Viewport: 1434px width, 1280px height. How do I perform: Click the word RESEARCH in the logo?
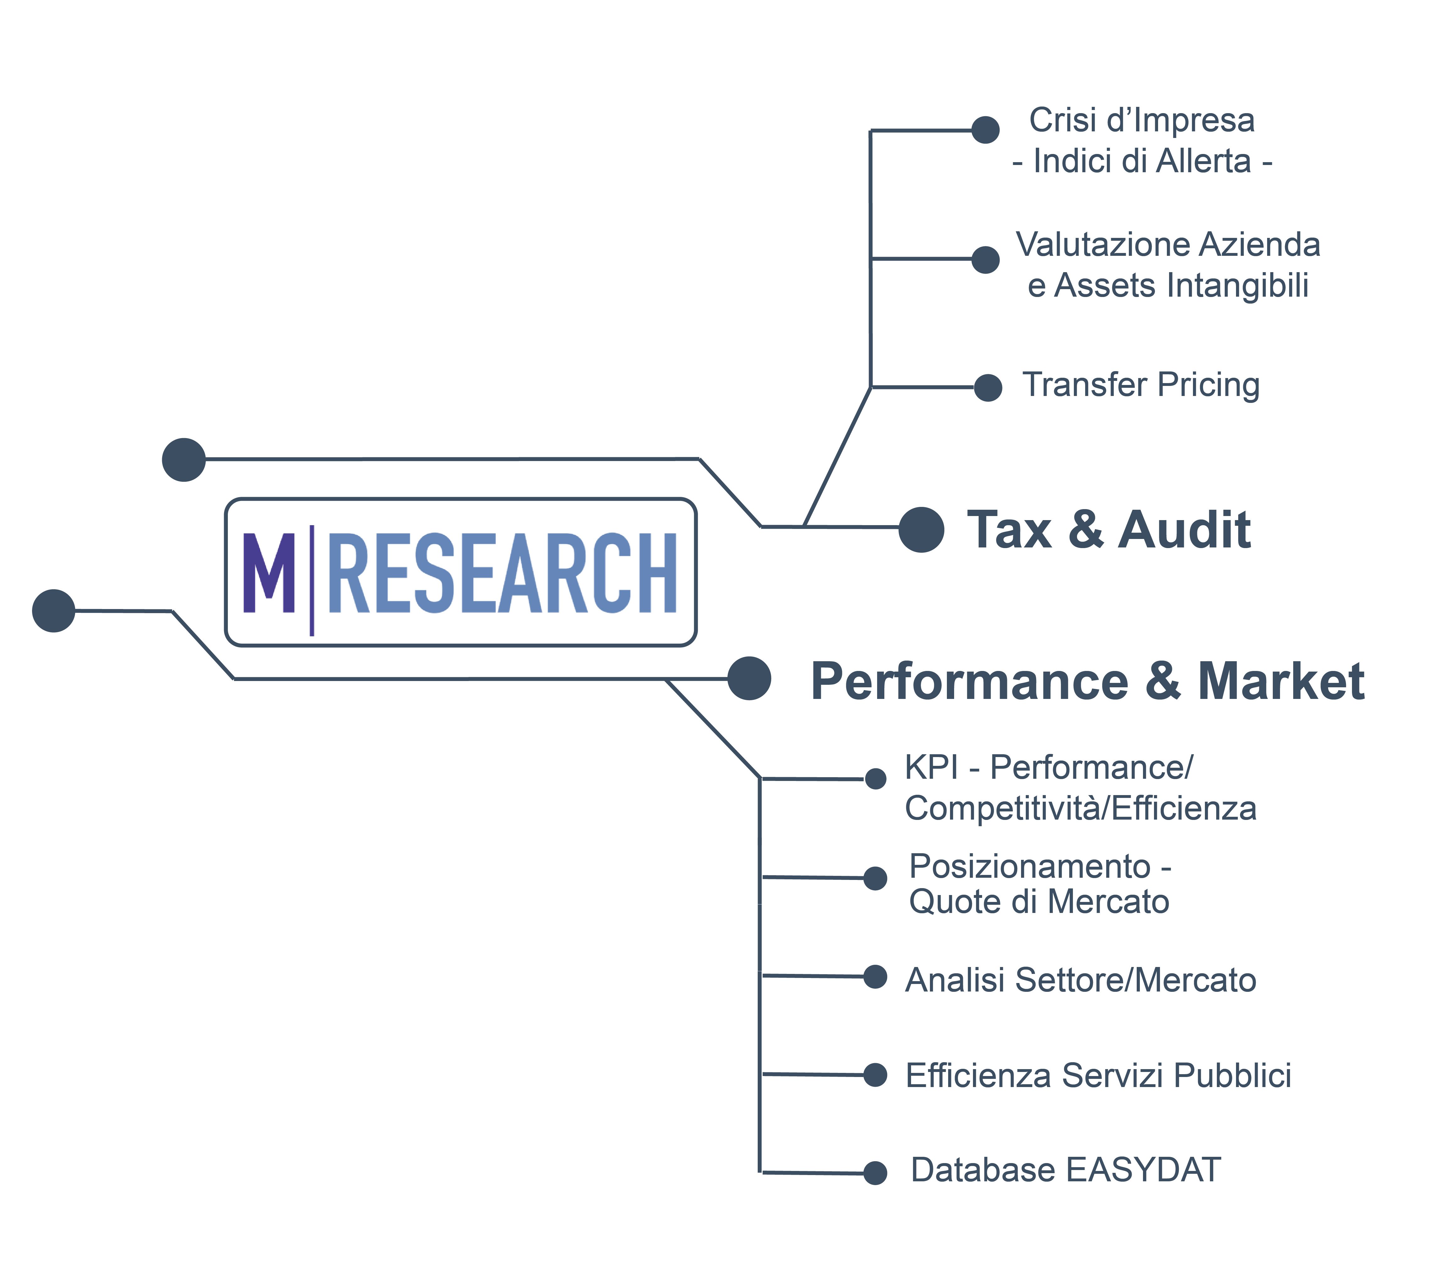502,573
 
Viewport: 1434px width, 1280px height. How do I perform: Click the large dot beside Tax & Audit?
920,530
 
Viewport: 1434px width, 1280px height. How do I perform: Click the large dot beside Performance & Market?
749,679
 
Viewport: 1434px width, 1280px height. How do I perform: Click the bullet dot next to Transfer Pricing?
988,387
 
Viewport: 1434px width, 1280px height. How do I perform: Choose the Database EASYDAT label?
1065,1170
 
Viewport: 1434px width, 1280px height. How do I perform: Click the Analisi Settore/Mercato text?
1080,980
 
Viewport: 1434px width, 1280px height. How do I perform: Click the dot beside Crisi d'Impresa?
985,130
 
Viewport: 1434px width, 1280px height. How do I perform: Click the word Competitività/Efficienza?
1080,808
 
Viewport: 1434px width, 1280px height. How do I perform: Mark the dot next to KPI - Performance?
876,778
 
